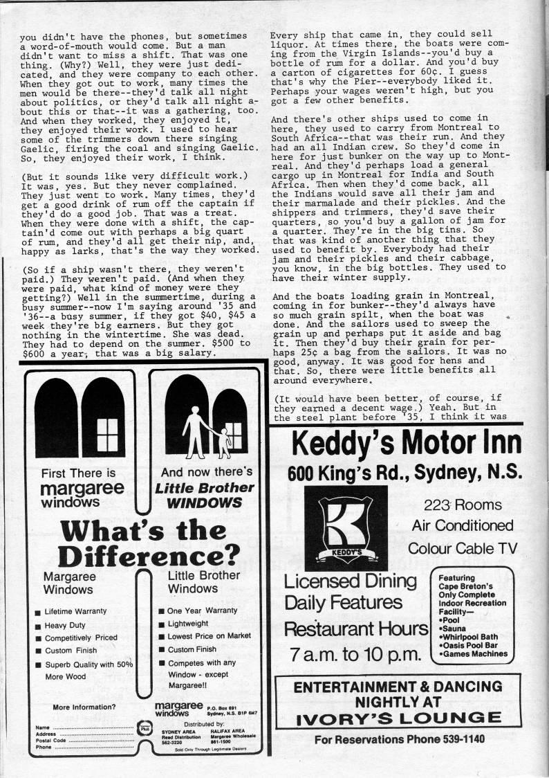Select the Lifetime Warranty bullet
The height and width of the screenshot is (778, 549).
coord(75,612)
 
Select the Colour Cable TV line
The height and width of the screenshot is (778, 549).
coord(463,548)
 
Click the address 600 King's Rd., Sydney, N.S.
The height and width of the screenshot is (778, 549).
coord(404,473)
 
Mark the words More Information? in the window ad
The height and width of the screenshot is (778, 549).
coord(84,707)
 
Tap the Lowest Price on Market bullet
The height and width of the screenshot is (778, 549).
coord(208,635)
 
